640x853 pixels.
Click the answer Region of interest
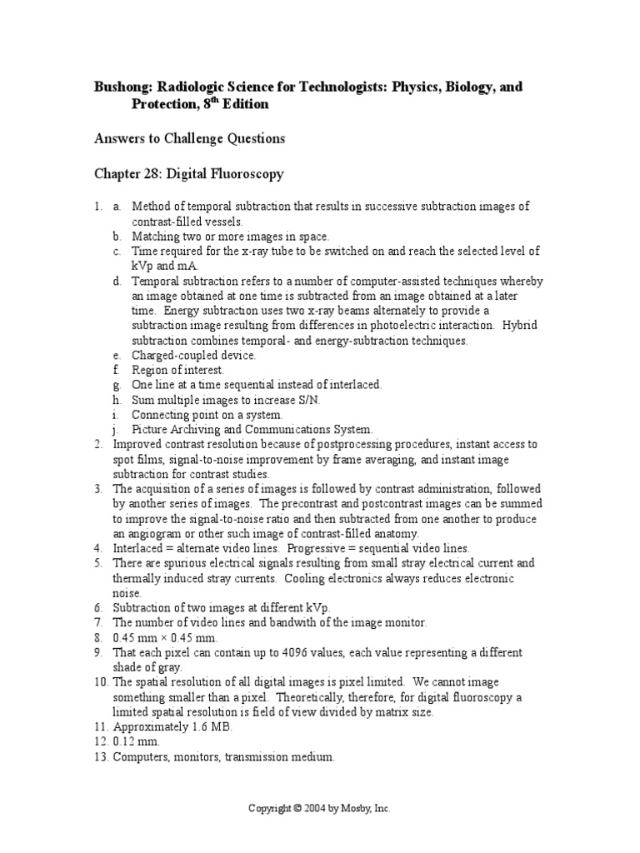177,370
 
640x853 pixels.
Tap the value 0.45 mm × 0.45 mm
169,638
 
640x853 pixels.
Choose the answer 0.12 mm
136,742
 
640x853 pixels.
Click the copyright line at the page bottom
320,808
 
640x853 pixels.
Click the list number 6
97,608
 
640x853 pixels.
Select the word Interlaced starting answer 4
137,548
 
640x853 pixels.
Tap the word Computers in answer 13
142,757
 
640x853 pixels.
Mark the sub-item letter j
117,430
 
